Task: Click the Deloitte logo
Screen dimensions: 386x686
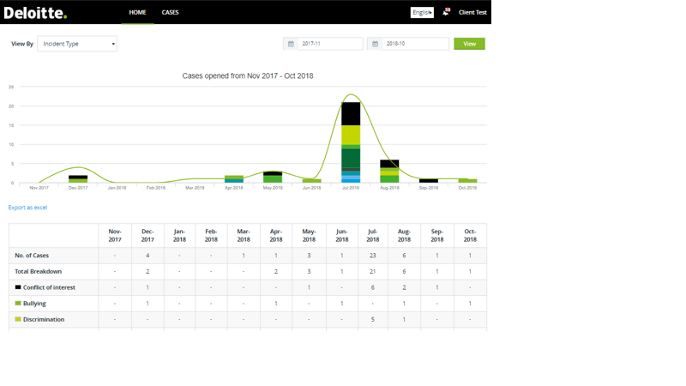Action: [35, 13]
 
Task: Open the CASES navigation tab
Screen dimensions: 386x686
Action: [170, 13]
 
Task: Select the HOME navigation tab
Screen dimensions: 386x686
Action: [137, 13]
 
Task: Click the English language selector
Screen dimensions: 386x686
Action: [422, 13]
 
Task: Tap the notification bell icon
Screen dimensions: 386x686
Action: [446, 12]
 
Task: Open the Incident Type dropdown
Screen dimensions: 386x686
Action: [77, 44]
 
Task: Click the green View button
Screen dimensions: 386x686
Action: [469, 44]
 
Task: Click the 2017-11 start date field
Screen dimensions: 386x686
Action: [329, 44]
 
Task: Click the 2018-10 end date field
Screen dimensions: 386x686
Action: [414, 44]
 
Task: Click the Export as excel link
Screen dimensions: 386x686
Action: [27, 208]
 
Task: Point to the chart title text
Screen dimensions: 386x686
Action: [247, 76]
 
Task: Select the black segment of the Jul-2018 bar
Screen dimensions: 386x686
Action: [351, 113]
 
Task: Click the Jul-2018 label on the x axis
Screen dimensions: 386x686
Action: [351, 188]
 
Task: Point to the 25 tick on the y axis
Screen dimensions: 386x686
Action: [12, 87]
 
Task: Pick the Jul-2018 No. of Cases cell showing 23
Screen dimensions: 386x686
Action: [372, 256]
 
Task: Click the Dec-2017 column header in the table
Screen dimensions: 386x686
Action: [147, 235]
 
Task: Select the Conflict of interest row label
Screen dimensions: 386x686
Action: [49, 287]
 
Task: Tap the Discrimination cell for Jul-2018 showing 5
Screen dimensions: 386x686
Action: [372, 319]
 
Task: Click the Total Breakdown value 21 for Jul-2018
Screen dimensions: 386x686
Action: [372, 271]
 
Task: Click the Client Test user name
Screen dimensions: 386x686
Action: [472, 13]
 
